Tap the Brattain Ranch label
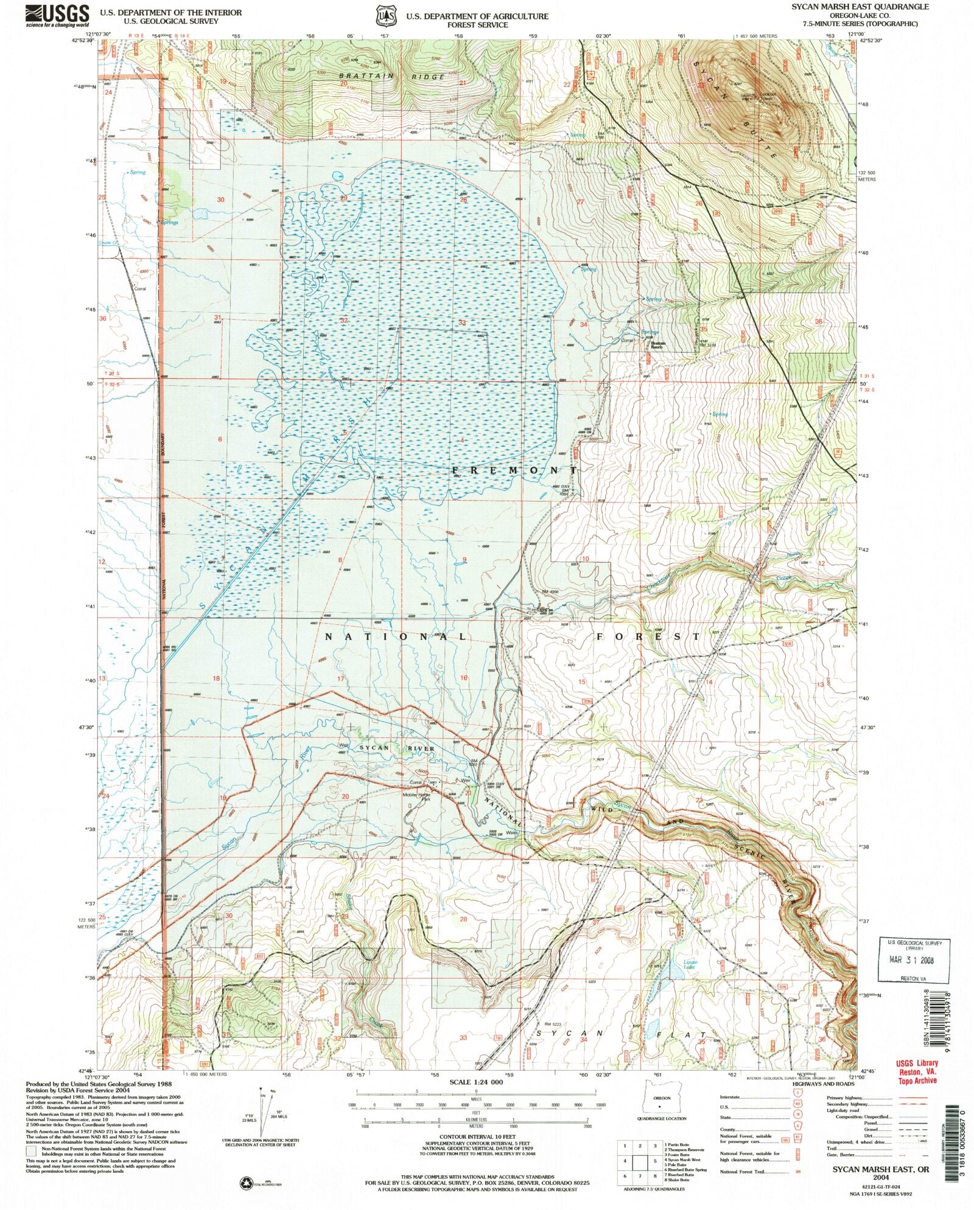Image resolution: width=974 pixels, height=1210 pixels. coord(659,344)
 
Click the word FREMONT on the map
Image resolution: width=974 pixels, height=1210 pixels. coord(515,471)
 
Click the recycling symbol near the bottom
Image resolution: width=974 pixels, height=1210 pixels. coord(247,1182)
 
